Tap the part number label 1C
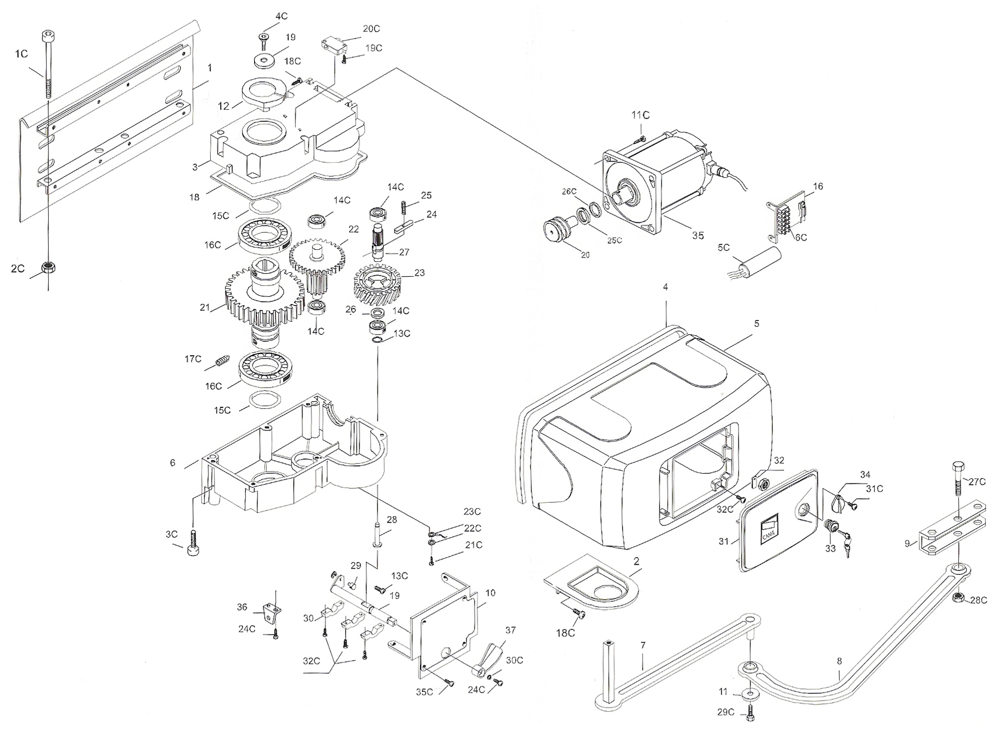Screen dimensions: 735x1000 point(21,53)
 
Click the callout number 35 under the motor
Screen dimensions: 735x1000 point(698,235)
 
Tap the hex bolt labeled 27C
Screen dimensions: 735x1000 point(958,477)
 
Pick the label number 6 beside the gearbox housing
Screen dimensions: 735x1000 point(172,463)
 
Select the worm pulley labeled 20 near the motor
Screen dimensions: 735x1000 point(556,229)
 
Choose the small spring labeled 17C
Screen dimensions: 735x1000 point(222,362)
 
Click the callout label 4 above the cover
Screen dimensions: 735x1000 point(665,287)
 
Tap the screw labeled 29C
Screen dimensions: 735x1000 point(751,715)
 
